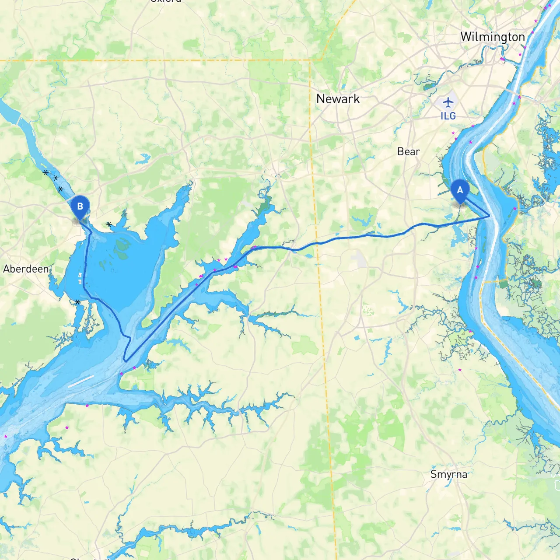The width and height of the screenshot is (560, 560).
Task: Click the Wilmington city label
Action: pyautogui.click(x=492, y=37)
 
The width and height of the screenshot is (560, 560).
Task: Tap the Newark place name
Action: pyautogui.click(x=338, y=99)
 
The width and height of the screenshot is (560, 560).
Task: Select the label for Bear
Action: pyautogui.click(x=408, y=151)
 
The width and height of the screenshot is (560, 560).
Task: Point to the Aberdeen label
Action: pyautogui.click(x=26, y=269)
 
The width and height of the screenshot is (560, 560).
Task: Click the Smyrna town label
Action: pyautogui.click(x=448, y=474)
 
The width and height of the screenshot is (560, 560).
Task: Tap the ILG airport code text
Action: pyautogui.click(x=448, y=116)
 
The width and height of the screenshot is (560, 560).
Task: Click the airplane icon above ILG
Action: pyautogui.click(x=448, y=103)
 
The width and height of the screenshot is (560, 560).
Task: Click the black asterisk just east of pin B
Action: pyautogui.click(x=109, y=224)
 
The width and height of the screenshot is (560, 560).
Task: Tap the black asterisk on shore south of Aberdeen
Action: pyautogui.click(x=77, y=302)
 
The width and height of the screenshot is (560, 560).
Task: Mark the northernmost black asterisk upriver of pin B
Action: pyautogui.click(x=45, y=173)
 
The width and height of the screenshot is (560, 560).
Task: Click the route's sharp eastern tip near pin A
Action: pyautogui.click(x=489, y=216)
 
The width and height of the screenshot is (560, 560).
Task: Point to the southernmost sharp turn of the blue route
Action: pyautogui.click(x=126, y=360)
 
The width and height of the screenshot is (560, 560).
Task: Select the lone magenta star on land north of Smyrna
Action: pyautogui.click(x=460, y=370)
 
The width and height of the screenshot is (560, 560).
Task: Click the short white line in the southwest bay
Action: pyautogui.click(x=81, y=381)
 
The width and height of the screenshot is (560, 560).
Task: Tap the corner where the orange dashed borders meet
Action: pyautogui.click(x=310, y=60)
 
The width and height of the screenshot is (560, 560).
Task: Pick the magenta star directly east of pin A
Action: pyautogui.click(x=515, y=209)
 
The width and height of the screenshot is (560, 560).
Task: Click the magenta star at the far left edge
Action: pyautogui.click(x=6, y=436)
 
